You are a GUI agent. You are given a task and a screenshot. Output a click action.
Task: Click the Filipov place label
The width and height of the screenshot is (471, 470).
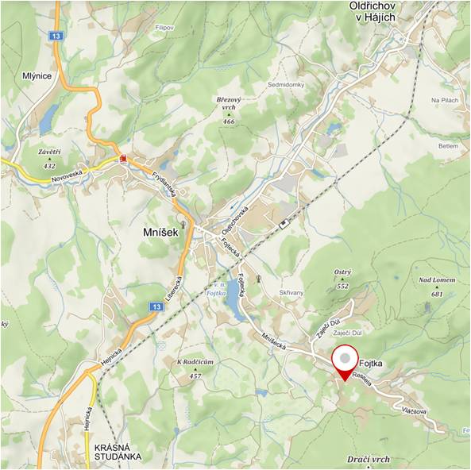point(164,28)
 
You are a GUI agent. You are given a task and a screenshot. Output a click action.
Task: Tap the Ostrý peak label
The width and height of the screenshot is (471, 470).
point(342,272)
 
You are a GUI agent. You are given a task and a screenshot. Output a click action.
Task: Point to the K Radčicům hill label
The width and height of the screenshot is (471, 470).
point(195,362)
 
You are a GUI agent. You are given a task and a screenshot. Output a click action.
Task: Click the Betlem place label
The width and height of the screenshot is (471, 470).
point(449,147)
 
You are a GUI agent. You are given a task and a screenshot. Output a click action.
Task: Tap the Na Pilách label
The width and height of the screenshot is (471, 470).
point(446,100)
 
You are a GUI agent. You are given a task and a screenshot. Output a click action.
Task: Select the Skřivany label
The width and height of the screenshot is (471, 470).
point(291,293)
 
